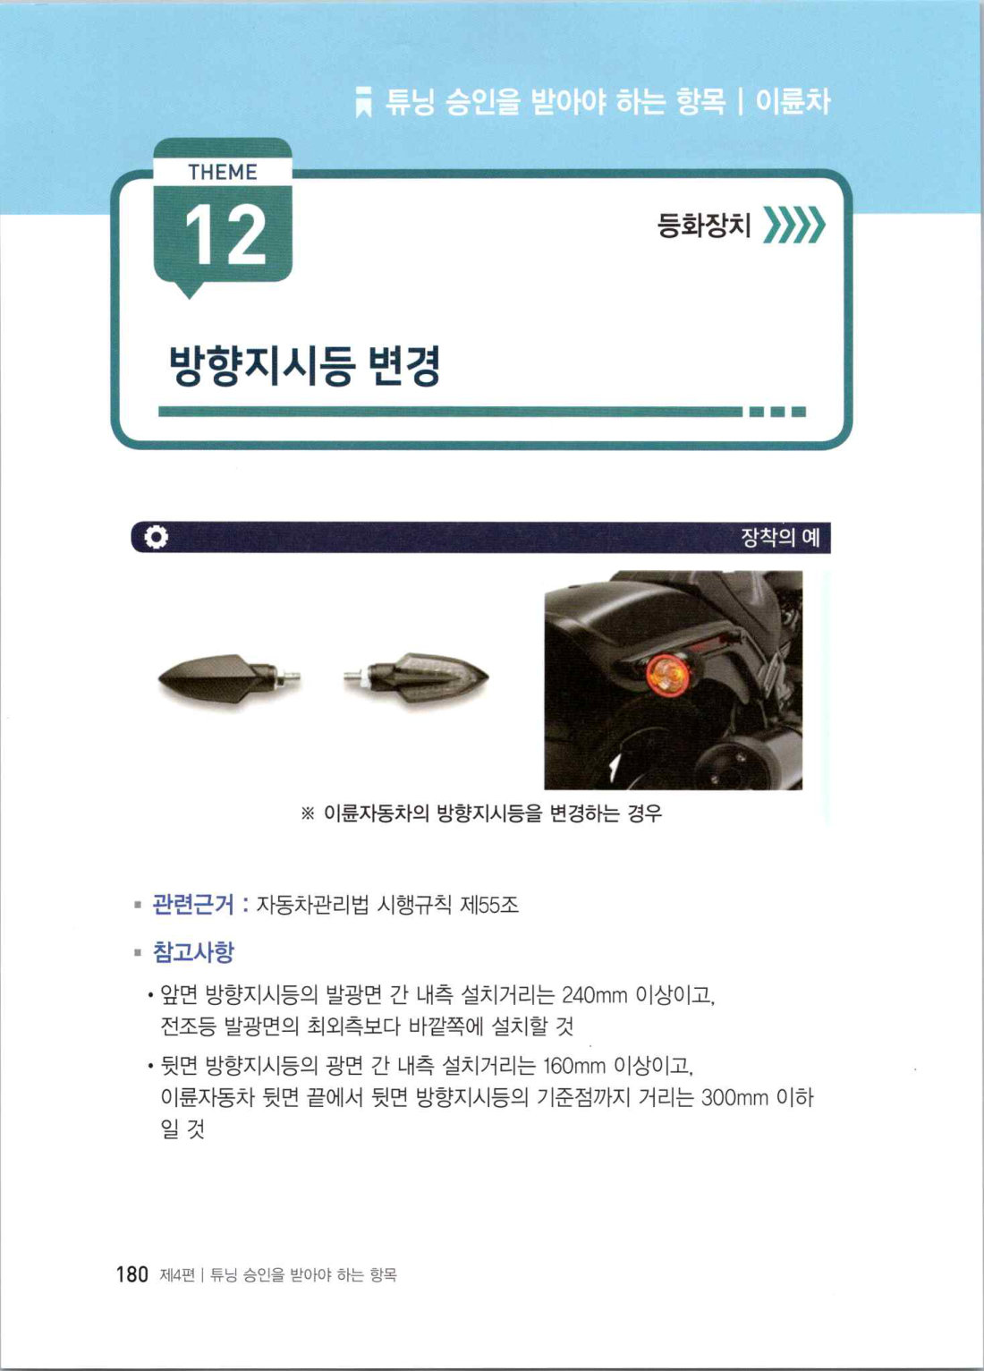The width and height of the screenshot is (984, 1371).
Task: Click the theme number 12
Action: click(x=225, y=235)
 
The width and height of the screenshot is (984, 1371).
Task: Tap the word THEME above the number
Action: click(x=223, y=172)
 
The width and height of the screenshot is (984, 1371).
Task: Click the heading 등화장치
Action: click(x=703, y=225)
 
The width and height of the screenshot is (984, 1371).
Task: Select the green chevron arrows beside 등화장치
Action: click(x=794, y=225)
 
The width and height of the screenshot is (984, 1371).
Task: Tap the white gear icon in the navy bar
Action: click(x=156, y=537)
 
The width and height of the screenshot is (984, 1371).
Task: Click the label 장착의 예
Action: click(x=780, y=537)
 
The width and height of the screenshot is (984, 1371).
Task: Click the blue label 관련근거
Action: click(x=192, y=904)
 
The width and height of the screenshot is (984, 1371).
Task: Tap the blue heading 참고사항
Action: click(x=193, y=952)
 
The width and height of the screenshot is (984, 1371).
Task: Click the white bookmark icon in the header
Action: click(x=363, y=101)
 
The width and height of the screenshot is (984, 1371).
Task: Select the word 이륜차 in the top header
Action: click(x=793, y=102)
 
